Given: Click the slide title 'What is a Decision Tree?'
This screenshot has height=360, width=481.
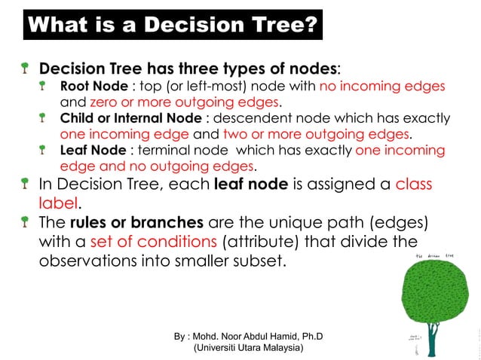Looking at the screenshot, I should pyautogui.click(x=171, y=26).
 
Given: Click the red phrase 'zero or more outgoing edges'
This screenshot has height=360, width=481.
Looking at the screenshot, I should pyautogui.click(x=185, y=102).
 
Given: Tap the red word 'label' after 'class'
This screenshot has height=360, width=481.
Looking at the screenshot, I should pyautogui.click(x=58, y=202).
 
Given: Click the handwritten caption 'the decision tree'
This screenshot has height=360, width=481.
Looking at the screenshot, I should pyautogui.click(x=437, y=255).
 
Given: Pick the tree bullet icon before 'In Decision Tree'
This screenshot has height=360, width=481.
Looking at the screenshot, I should pyautogui.click(x=26, y=183).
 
